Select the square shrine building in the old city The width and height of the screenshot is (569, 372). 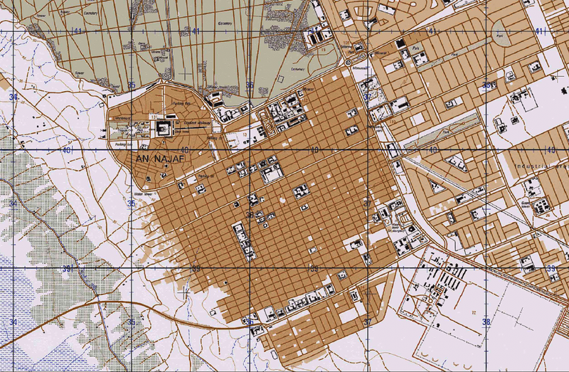[163, 128]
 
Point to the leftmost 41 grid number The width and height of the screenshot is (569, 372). [78, 31]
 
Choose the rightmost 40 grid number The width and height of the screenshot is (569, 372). [549, 150]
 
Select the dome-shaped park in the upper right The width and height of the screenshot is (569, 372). [502, 37]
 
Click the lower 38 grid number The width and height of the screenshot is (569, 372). [486, 321]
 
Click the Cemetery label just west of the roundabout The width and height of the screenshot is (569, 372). [297, 70]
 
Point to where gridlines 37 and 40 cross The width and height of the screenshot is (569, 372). [368, 151]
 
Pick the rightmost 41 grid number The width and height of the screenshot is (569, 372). [539, 31]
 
